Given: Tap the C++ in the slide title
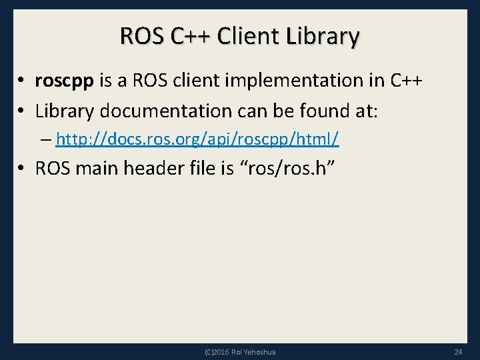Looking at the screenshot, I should [x=190, y=36].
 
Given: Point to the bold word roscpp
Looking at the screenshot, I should [x=65, y=82].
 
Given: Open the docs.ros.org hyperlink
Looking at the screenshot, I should [x=197, y=139].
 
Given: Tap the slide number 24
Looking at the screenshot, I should [x=457, y=351].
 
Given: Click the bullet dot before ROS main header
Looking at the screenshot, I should [x=22, y=169].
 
